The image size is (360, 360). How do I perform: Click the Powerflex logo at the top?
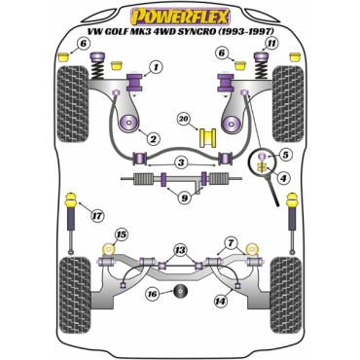coord(180,16)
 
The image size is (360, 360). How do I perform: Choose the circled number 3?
coord(180,162)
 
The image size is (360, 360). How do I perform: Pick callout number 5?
coord(284,154)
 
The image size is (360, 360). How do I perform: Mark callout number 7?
coord(230,241)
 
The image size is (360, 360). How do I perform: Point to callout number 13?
coord(179,250)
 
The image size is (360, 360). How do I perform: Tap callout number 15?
coord(121,234)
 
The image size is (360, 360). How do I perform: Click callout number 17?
coord(95,217)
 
